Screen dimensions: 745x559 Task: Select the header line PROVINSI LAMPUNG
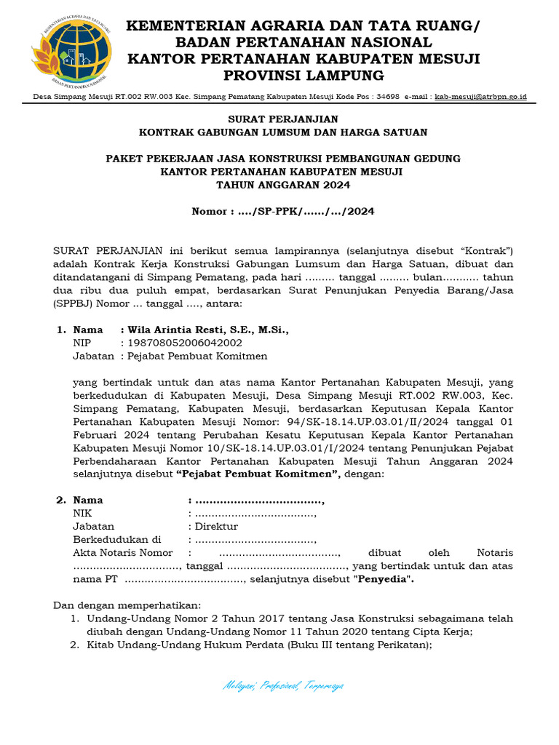[x=304, y=76]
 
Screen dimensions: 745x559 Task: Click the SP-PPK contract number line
[x=283, y=212]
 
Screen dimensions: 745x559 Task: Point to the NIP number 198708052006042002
[x=185, y=343]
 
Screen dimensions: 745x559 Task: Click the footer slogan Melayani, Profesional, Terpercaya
[x=283, y=685]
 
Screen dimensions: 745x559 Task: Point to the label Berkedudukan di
[x=116, y=539]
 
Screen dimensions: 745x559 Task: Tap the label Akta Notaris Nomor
[x=122, y=552]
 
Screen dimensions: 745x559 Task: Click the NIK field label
[x=83, y=513]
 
